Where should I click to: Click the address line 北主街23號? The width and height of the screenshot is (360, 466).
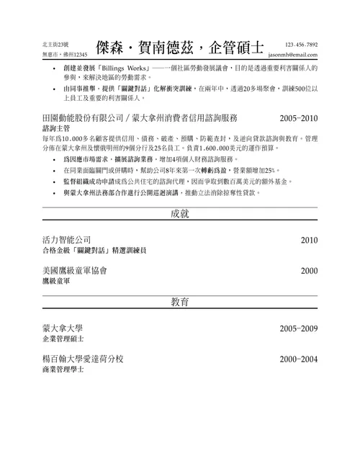pos(57,45)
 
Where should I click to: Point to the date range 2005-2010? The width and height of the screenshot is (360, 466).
pos(298,117)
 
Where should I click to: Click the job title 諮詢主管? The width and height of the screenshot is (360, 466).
pos(58,127)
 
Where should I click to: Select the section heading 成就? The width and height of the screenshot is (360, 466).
pos(180,214)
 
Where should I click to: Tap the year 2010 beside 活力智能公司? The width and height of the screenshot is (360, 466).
pos(309,240)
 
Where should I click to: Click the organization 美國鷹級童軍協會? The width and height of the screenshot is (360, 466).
pos(76,271)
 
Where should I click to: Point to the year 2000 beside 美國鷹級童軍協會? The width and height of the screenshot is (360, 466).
pos(309,271)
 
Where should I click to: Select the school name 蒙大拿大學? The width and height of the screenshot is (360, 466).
pos(63,327)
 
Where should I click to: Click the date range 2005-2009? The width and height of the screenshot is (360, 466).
pos(298,328)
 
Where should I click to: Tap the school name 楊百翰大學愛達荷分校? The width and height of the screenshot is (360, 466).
pos(84,358)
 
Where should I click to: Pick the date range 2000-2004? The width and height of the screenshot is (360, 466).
pos(298,359)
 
